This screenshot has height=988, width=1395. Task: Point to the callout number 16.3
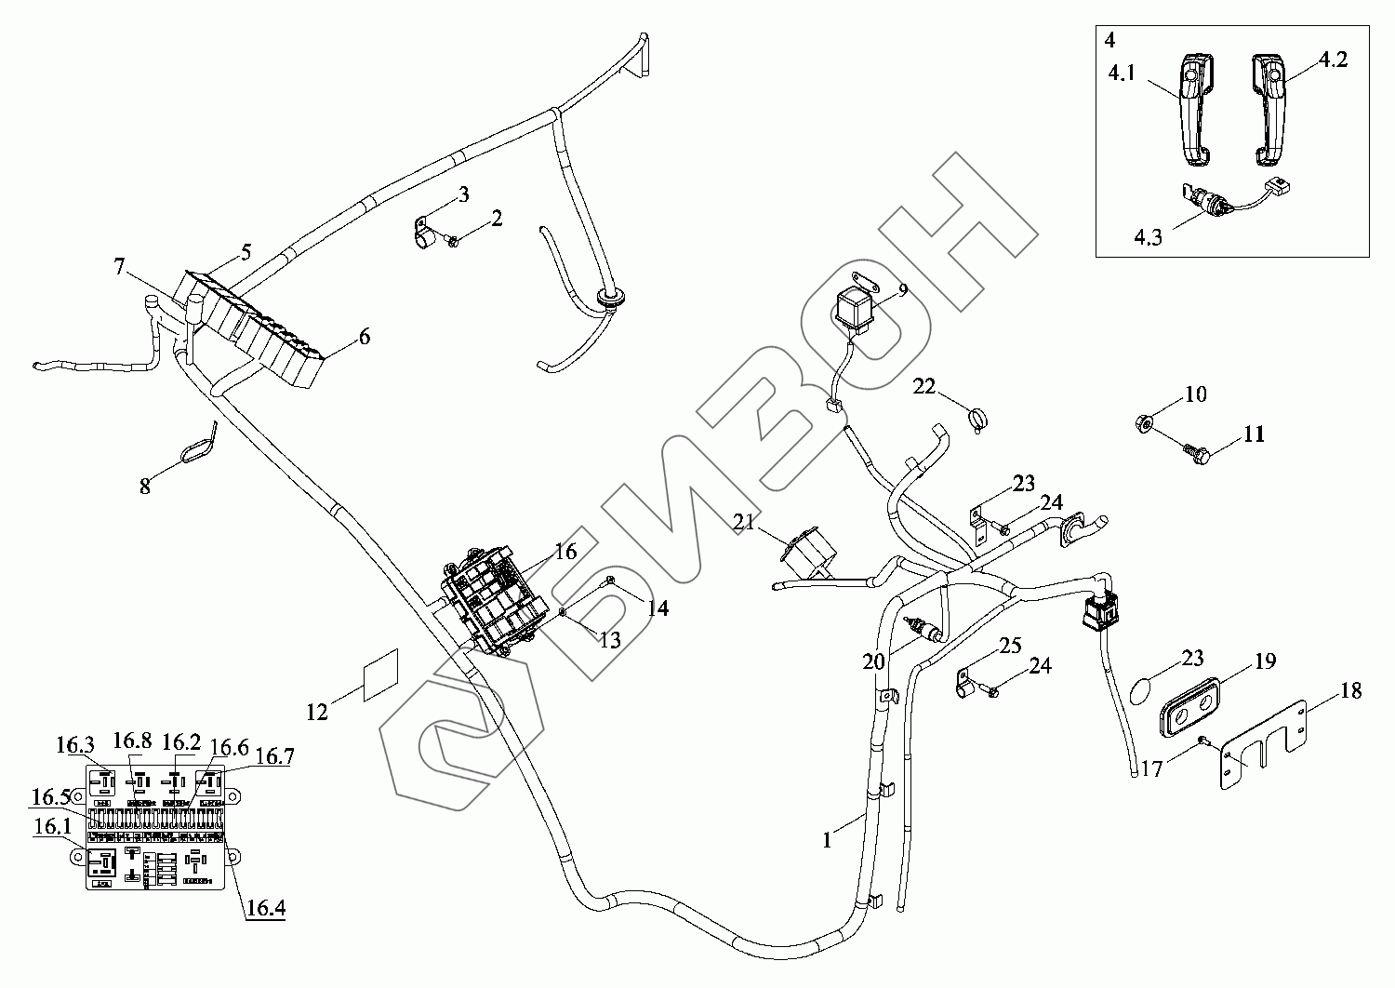pyautogui.click(x=74, y=744)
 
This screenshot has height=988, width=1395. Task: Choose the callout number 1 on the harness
pyautogui.click(x=826, y=839)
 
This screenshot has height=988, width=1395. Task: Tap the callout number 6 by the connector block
pyautogui.click(x=364, y=336)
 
